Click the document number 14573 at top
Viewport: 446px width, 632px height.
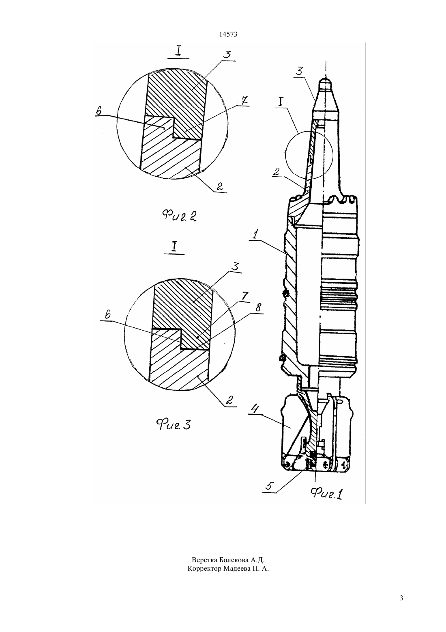click(228, 35)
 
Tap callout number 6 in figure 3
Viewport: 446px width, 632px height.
click(107, 315)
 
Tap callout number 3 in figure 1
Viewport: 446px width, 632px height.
click(299, 71)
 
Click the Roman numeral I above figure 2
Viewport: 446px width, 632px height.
click(178, 52)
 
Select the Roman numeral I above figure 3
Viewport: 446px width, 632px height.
click(175, 247)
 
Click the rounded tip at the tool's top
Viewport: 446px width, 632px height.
click(326, 82)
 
